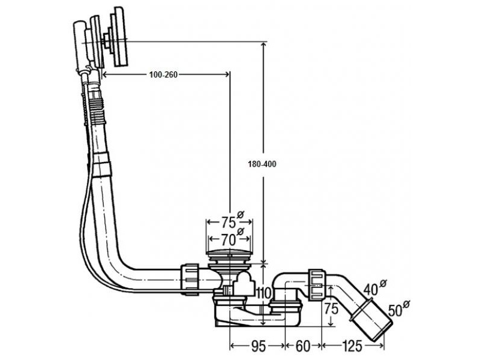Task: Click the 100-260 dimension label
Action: (x=163, y=74)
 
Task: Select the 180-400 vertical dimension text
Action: (x=262, y=164)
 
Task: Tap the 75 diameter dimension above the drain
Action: (x=229, y=222)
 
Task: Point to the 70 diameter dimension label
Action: (x=228, y=240)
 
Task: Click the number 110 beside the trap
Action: (x=264, y=293)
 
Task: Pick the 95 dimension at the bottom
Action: (x=259, y=346)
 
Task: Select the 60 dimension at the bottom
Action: (x=303, y=346)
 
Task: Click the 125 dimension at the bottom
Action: (x=352, y=346)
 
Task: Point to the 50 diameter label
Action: (x=396, y=310)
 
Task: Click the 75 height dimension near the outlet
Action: (x=331, y=308)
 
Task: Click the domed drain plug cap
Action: (x=229, y=253)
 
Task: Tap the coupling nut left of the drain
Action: (x=190, y=279)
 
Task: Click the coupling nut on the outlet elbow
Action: (x=316, y=284)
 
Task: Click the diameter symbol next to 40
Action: (x=383, y=283)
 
